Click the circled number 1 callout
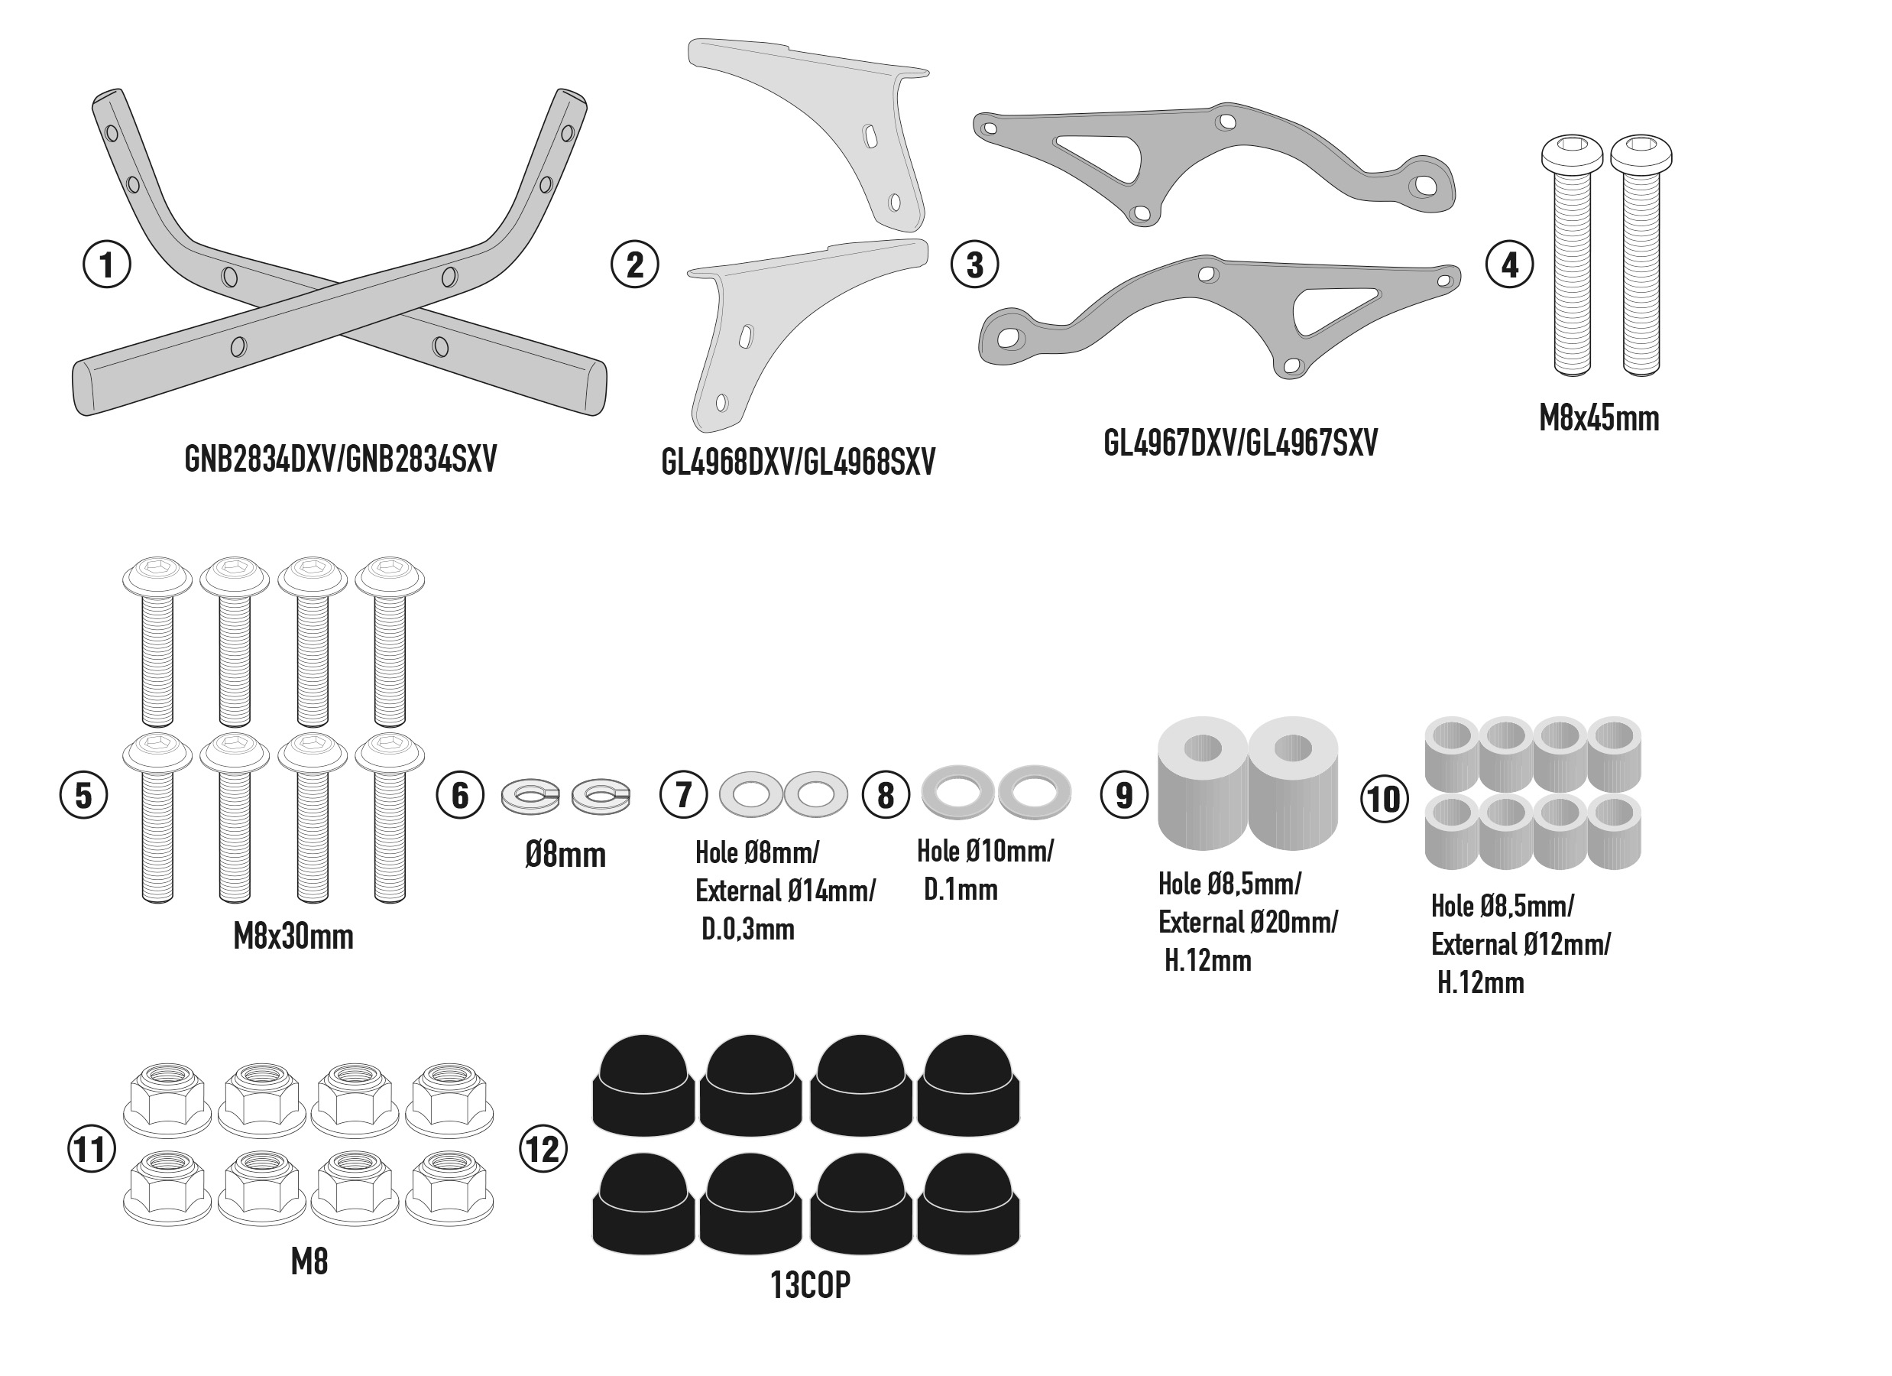107,264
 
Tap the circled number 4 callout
1509,264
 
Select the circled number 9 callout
1124,794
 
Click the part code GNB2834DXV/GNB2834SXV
340,458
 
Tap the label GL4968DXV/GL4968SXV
799,462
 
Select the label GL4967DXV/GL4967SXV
1240,443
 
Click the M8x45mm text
1599,418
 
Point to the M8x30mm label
293,937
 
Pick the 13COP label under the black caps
810,1285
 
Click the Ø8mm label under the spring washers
565,855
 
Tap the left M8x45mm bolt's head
1572,154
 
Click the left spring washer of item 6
530,796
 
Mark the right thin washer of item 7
816,793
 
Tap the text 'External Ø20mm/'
1247,922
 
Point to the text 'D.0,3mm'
747,930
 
